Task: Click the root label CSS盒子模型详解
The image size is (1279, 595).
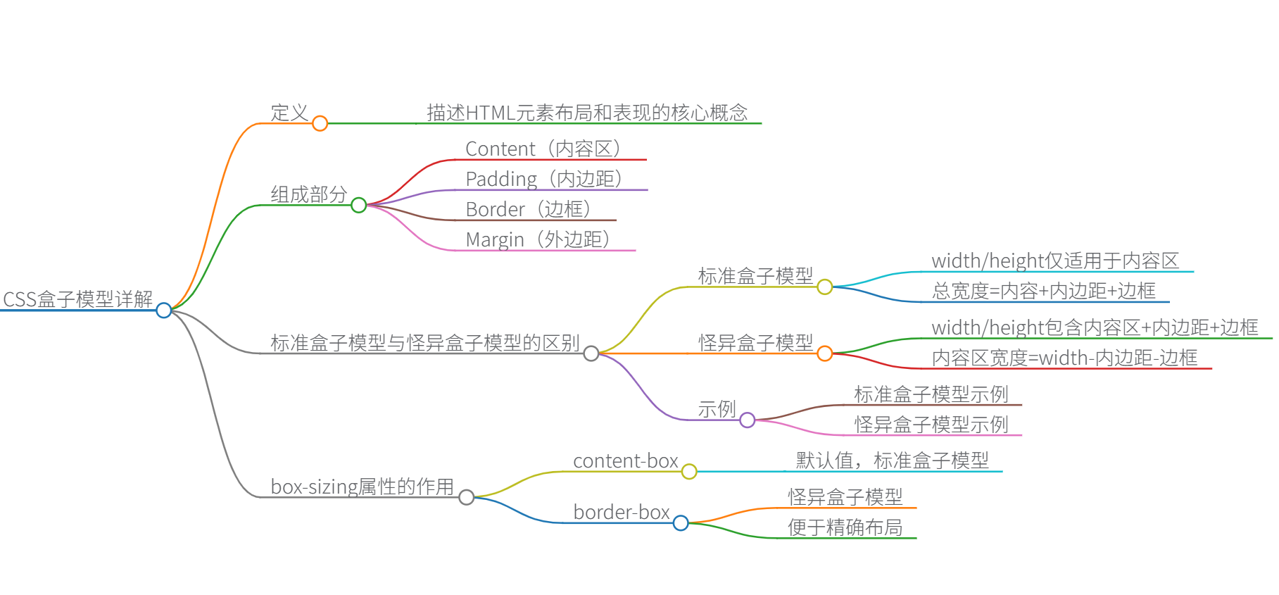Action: tap(78, 299)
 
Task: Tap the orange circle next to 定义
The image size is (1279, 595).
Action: tap(320, 123)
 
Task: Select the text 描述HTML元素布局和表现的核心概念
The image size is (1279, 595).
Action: tap(587, 113)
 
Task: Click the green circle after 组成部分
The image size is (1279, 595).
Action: tap(358, 205)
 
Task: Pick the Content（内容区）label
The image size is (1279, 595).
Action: tap(544, 149)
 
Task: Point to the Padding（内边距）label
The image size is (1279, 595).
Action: tap(545, 179)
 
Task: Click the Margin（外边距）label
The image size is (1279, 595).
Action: tap(538, 239)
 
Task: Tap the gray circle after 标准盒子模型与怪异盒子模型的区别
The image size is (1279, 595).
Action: tap(591, 353)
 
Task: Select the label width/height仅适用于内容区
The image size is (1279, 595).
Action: tap(1055, 261)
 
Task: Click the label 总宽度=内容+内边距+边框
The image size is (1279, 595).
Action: tap(1044, 291)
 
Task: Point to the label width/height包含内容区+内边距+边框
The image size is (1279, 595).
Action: tap(1095, 327)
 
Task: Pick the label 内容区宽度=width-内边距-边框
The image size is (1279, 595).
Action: tap(1064, 358)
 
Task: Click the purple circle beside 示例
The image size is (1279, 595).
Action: tap(748, 420)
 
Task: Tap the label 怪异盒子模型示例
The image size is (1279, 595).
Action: tap(931, 425)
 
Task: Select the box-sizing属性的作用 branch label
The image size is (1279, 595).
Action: tap(363, 487)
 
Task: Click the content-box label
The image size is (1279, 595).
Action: tap(625, 461)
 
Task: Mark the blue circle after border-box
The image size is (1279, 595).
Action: tap(681, 523)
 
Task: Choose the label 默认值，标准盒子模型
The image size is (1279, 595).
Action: tap(893, 461)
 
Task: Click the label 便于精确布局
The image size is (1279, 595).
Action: tap(845, 527)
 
